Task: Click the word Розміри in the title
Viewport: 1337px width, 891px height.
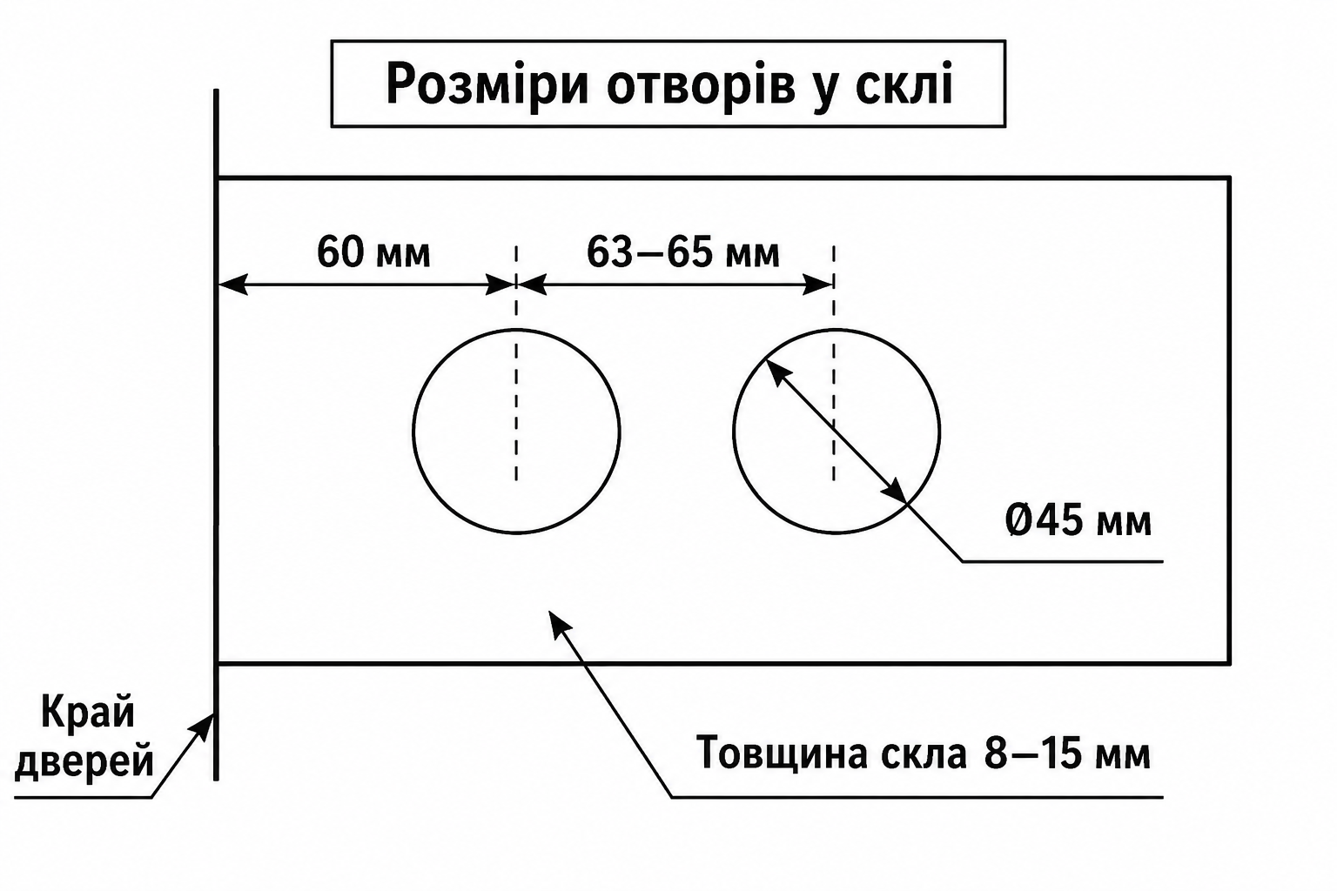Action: pyautogui.click(x=487, y=84)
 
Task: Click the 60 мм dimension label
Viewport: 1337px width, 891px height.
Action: pyautogui.click(x=373, y=252)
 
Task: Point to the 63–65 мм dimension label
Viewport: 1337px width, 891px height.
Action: pyautogui.click(x=682, y=252)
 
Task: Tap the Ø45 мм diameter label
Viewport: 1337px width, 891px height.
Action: pyautogui.click(x=1078, y=520)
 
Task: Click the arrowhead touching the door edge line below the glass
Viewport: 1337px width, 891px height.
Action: pyautogui.click(x=203, y=727)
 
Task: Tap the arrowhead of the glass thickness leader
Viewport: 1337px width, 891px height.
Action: pyautogui.click(x=560, y=624)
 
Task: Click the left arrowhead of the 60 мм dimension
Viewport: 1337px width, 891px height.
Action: pyautogui.click(x=232, y=285)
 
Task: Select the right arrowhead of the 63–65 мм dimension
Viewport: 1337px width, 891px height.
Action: pyautogui.click(x=817, y=285)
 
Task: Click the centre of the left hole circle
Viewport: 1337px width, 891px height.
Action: pyautogui.click(x=516, y=431)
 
